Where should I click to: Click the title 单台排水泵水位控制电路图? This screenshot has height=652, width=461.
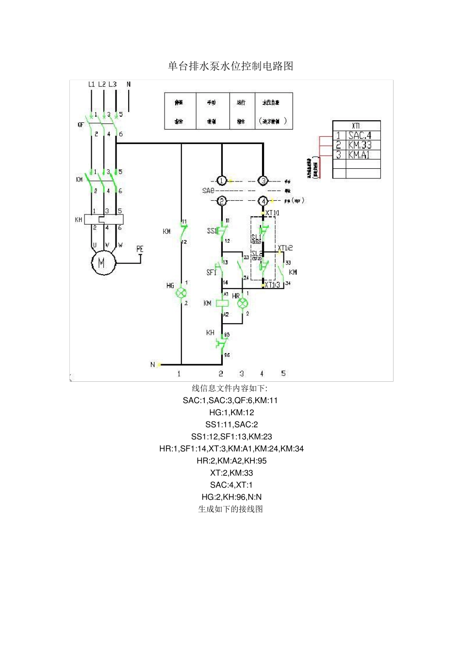click(230, 66)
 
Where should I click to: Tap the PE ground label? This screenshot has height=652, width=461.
click(140, 249)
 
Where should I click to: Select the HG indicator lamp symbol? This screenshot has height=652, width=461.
click(181, 293)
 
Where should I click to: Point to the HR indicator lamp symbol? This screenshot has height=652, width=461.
click(242, 303)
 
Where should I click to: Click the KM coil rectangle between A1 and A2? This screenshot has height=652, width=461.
click(222, 303)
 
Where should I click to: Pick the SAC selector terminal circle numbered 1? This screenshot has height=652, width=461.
click(222, 181)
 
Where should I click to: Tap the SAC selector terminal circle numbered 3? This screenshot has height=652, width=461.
click(263, 181)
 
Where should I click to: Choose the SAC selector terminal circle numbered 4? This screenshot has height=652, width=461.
click(263, 200)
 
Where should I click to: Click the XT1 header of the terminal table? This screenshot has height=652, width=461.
click(356, 126)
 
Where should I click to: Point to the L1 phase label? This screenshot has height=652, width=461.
click(91, 84)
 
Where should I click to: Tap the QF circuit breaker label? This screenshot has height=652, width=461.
click(81, 125)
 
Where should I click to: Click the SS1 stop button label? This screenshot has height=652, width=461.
click(212, 231)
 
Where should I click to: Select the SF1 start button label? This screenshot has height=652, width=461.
click(211, 273)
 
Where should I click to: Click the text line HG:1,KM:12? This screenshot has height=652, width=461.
click(231, 412)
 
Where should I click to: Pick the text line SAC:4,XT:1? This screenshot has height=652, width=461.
click(231, 485)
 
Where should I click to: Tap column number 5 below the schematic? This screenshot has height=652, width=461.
click(283, 373)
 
